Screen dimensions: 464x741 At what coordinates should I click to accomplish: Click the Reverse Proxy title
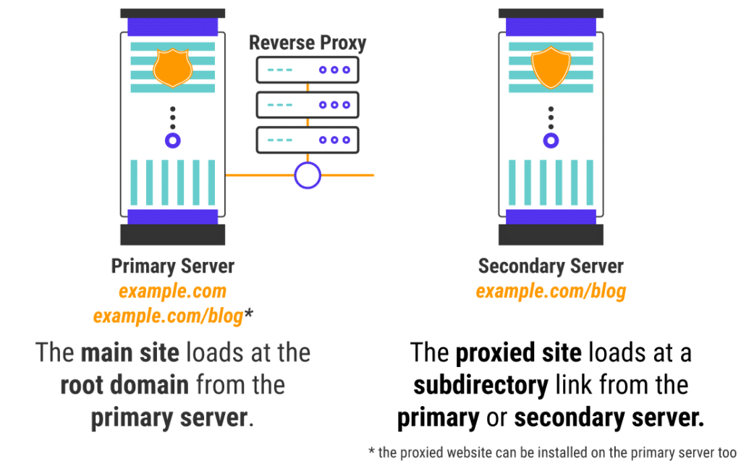click(308, 43)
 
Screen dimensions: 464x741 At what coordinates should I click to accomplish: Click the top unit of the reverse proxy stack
click(308, 70)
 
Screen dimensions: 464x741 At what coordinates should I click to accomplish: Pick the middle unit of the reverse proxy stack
click(308, 105)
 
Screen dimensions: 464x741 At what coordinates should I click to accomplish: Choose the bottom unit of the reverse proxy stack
click(308, 140)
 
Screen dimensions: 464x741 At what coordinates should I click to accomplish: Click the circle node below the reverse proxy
click(308, 175)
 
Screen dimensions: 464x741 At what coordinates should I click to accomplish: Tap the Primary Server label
click(172, 266)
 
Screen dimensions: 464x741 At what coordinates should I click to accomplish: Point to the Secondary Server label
click(551, 266)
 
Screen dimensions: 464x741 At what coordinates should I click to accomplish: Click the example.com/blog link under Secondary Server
click(551, 292)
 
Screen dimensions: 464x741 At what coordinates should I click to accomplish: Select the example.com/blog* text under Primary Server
click(173, 316)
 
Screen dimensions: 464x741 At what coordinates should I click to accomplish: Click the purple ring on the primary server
click(172, 140)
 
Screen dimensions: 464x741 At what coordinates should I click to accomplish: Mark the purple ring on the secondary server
click(551, 140)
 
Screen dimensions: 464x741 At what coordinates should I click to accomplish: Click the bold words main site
click(130, 353)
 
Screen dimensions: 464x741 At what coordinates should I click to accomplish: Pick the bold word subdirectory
click(480, 385)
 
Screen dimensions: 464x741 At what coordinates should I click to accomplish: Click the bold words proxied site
click(518, 353)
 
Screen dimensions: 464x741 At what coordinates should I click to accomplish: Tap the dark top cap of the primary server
click(172, 13)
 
